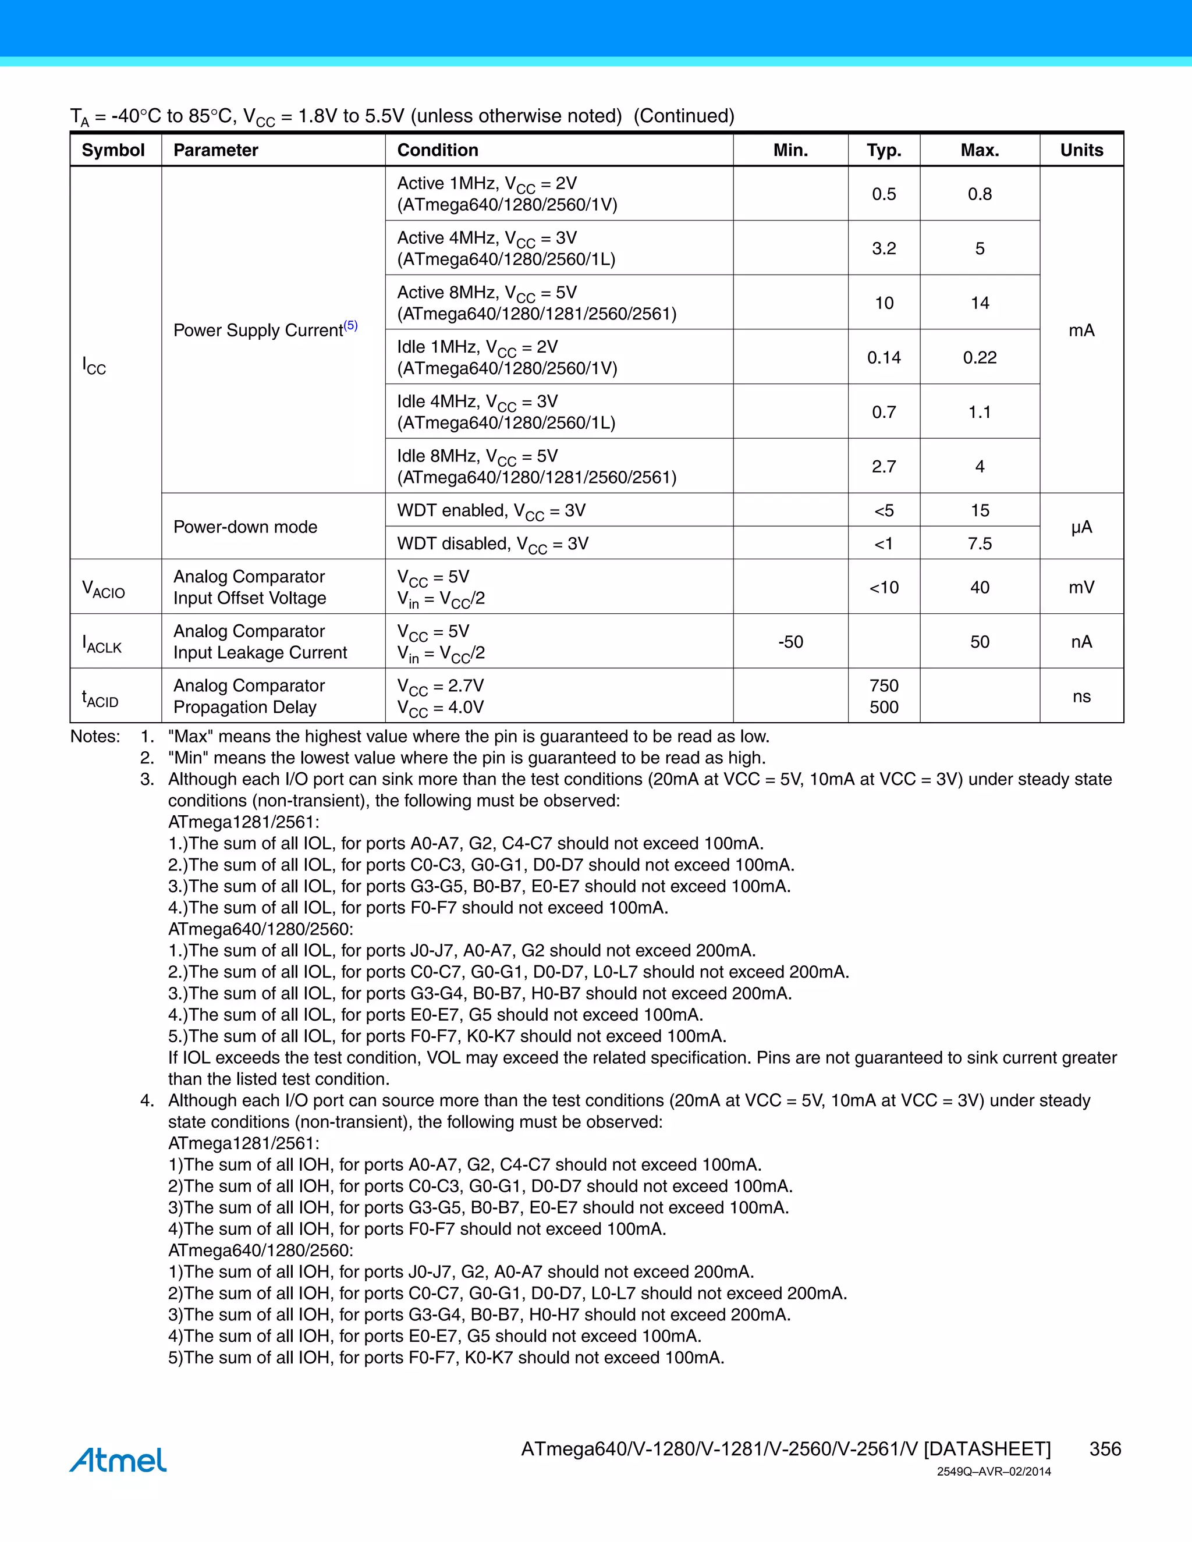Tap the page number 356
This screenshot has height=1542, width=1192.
point(1105,1449)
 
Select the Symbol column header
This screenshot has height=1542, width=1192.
point(113,150)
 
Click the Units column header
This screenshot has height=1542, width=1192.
point(1081,150)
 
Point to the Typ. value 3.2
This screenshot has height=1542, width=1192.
point(884,248)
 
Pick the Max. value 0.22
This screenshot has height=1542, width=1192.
point(980,358)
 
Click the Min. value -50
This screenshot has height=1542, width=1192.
point(790,642)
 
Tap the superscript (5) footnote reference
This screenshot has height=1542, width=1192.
point(351,325)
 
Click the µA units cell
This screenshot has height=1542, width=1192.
point(1081,527)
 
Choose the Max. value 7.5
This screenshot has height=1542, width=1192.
point(980,543)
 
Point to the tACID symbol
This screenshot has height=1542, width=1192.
point(100,698)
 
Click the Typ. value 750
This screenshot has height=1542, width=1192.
point(884,685)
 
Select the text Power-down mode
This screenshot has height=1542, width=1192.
point(245,527)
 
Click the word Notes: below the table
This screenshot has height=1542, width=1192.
point(95,737)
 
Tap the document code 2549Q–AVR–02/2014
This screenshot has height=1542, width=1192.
point(994,1472)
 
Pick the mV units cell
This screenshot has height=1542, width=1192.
point(1081,588)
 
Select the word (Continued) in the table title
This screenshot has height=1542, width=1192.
point(683,116)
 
